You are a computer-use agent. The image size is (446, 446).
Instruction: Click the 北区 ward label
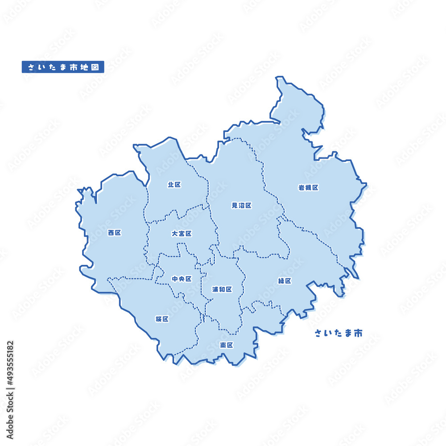(x=174, y=185)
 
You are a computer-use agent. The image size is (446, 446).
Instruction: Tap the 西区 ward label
(x=115, y=233)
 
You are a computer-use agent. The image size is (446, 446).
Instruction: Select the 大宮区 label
(x=182, y=234)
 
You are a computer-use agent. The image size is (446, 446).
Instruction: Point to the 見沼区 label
(x=241, y=206)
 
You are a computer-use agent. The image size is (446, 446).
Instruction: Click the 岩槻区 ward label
(x=308, y=188)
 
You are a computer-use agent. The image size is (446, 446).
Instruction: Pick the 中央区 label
(x=182, y=279)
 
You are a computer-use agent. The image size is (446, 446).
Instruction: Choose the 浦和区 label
(x=222, y=289)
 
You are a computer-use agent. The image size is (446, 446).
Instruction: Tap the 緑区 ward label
(x=285, y=281)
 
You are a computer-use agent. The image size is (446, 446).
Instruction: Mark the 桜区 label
(x=162, y=319)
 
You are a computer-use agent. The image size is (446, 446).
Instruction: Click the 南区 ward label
(x=227, y=345)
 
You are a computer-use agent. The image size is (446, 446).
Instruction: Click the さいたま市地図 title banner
(x=63, y=67)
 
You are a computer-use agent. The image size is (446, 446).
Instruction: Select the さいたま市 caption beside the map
(x=339, y=333)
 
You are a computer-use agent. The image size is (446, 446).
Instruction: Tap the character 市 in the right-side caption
(x=358, y=333)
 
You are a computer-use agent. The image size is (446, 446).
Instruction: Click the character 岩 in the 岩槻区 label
(x=301, y=188)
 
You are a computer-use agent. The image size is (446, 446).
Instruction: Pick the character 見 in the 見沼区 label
(x=235, y=206)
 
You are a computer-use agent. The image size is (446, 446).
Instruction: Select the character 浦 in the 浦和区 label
(x=215, y=289)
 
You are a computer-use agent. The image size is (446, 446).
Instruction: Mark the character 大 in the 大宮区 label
(x=175, y=234)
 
